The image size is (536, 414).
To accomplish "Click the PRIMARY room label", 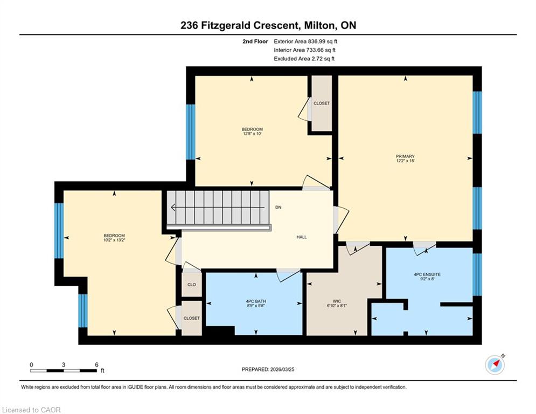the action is pyautogui.click(x=405, y=156).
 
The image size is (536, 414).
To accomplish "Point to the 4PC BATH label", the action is pyautogui.click(x=256, y=301).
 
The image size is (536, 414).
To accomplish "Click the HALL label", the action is pyautogui.click(x=302, y=237).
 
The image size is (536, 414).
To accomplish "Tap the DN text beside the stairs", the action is pyautogui.click(x=279, y=208).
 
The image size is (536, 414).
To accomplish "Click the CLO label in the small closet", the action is pyautogui.click(x=191, y=285).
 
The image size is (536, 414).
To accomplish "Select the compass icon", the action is pyautogui.click(x=495, y=365).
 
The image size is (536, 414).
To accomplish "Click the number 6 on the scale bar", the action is pyautogui.click(x=97, y=365).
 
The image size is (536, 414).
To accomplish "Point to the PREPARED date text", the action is pyautogui.click(x=268, y=369).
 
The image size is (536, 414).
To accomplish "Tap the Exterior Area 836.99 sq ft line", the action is pyautogui.click(x=305, y=42).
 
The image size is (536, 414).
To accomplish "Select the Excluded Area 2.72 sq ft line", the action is pyautogui.click(x=304, y=59).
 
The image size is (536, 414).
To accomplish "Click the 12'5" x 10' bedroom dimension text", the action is pyautogui.click(x=252, y=134).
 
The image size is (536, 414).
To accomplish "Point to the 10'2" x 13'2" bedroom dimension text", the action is pyautogui.click(x=114, y=240).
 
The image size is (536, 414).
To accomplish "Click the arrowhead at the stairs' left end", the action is pyautogui.click(x=172, y=208).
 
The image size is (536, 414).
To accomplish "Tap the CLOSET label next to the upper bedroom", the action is pyautogui.click(x=322, y=103).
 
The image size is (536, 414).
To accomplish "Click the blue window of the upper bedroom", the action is pyautogui.click(x=190, y=132).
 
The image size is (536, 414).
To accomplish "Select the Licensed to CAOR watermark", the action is pyautogui.click(x=31, y=410).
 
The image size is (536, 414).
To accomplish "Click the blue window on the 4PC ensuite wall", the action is pyautogui.click(x=477, y=274).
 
